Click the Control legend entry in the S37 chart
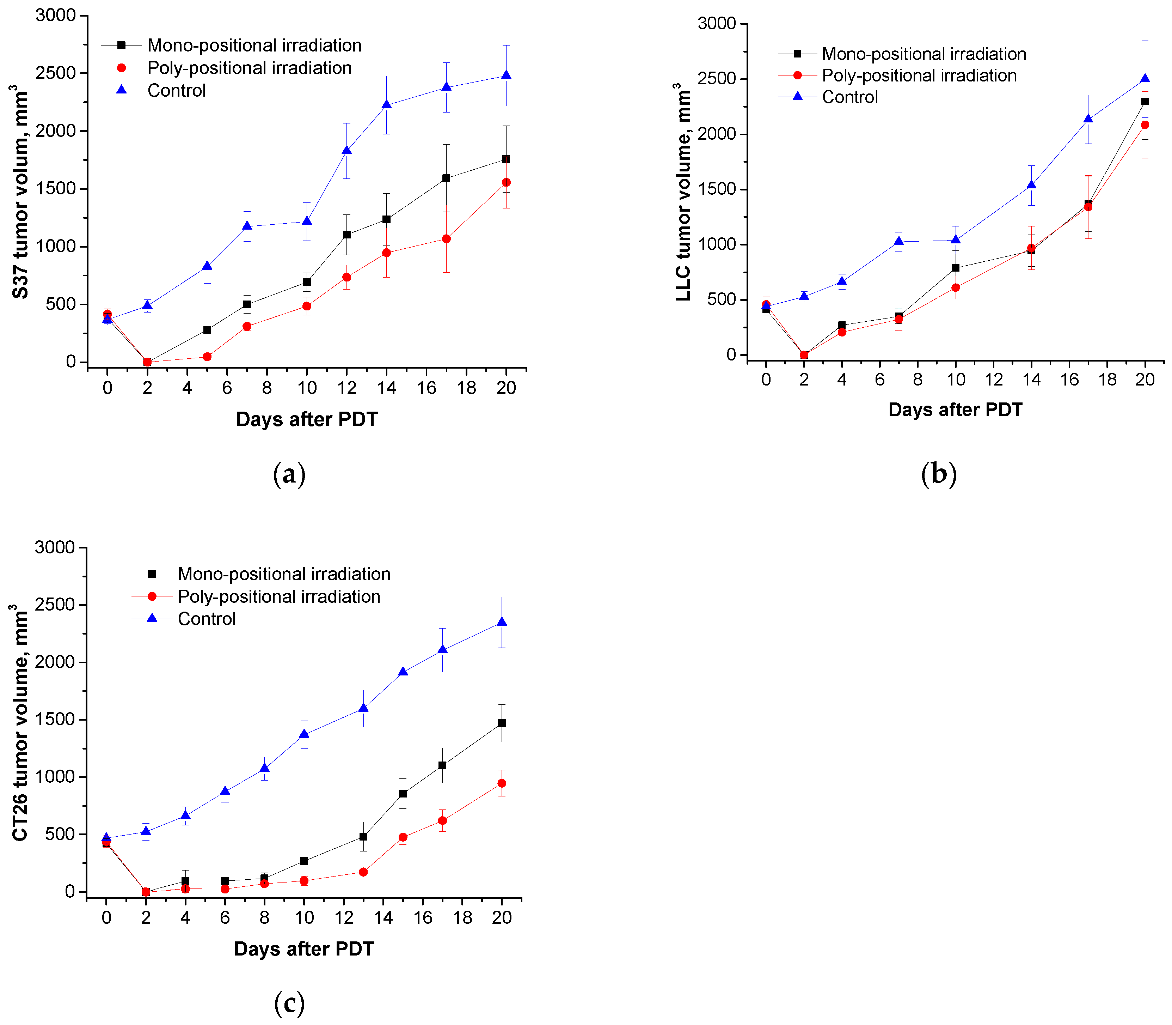[176, 90]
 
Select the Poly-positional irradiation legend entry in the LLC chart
[919, 75]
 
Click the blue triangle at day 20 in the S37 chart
[506, 75]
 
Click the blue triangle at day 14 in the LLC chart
[1031, 185]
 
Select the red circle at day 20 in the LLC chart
[1145, 125]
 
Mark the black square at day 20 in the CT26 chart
[501, 723]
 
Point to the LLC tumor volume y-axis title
[683, 192]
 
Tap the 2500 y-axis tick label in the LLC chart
[716, 79]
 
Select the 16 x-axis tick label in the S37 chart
[427, 388]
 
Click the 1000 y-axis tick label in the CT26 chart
[55, 777]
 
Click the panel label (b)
[939, 474]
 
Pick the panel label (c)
[289, 1003]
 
